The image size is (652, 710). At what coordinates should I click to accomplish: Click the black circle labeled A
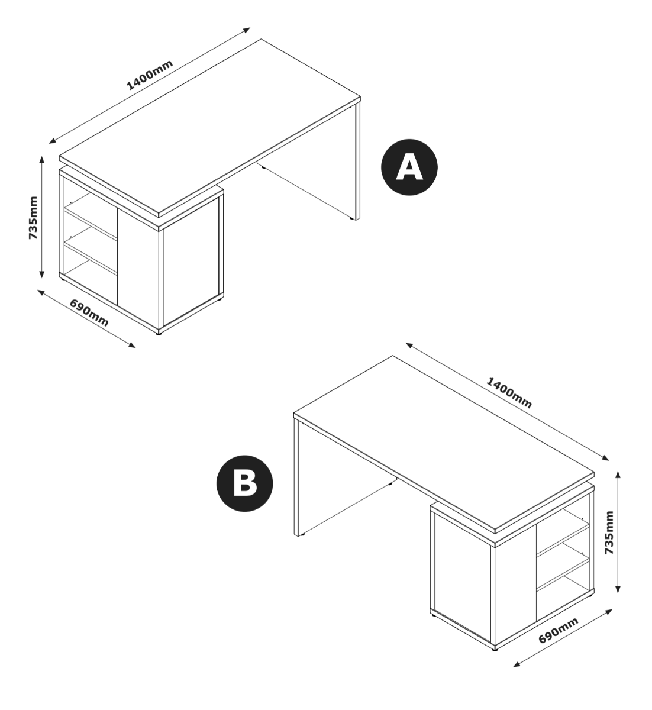409,167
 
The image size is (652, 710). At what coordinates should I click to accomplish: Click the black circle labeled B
244,483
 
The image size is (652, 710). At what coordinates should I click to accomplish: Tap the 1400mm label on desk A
150,75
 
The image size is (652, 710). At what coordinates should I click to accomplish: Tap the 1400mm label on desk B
509,393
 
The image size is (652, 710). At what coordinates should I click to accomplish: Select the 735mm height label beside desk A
33,218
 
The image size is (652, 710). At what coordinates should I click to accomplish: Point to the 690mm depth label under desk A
89,313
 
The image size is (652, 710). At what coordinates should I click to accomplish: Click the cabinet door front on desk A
191,261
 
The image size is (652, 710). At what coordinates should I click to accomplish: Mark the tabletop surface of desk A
210,127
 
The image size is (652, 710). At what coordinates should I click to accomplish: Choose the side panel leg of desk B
296,477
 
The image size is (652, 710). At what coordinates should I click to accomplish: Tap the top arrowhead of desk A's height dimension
42,160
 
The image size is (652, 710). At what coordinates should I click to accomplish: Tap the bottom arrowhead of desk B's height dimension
618,589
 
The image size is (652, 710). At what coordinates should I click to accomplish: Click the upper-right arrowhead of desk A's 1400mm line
246,30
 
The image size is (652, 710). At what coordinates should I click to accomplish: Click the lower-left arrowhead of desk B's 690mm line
517,664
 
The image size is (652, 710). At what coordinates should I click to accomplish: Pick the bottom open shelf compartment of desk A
91,280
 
